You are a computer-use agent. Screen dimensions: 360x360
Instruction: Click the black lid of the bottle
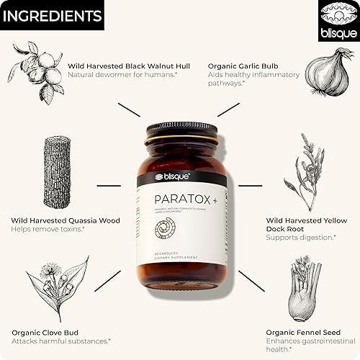[x=181, y=134]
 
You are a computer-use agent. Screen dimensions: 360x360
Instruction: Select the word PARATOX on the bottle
[x=176, y=197]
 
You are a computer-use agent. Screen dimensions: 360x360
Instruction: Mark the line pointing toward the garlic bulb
[x=228, y=109]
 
